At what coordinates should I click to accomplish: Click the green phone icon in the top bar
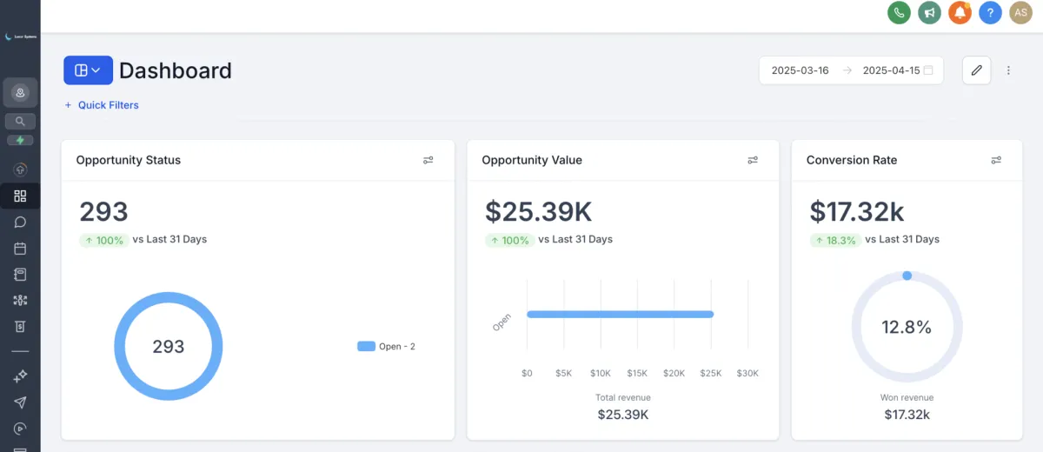click(x=899, y=13)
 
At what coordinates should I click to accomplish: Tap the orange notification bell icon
click(x=960, y=13)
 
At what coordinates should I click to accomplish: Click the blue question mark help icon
click(x=990, y=13)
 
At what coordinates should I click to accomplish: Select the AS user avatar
click(x=1020, y=13)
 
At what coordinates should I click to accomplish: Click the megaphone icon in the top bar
click(x=929, y=13)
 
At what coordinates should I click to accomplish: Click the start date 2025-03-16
click(x=800, y=70)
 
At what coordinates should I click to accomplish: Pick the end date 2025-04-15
click(x=891, y=70)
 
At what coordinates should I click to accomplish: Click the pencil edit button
click(x=976, y=70)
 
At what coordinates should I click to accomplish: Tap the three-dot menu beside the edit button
click(x=1008, y=70)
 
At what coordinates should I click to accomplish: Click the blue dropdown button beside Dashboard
click(x=88, y=70)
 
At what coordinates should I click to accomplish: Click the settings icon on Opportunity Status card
click(x=428, y=160)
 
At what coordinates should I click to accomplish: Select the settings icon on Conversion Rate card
click(x=996, y=160)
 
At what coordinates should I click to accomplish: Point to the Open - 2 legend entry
click(x=387, y=347)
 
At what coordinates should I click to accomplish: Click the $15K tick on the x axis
click(x=637, y=374)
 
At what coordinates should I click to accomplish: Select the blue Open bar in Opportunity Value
click(x=620, y=314)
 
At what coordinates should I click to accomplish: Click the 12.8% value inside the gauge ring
click(x=907, y=328)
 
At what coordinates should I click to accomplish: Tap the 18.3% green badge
click(x=834, y=240)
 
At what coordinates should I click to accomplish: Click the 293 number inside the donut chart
click(x=169, y=347)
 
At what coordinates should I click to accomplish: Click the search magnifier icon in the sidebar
click(x=20, y=121)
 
